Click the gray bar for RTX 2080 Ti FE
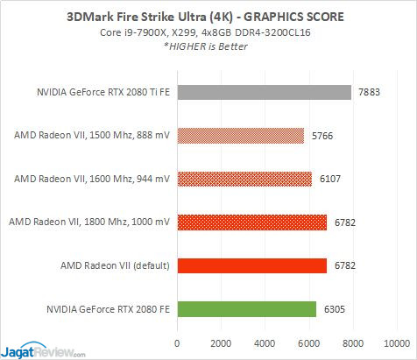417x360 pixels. [264, 92]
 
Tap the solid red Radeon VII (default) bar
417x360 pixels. [251, 265]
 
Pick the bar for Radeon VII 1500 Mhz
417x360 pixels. [240, 136]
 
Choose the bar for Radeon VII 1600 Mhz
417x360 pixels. [244, 179]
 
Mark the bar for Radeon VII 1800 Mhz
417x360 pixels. [251, 222]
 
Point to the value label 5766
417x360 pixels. [323, 136]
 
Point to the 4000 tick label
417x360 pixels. [265, 342]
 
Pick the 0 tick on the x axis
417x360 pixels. [178, 342]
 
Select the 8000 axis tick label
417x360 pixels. [353, 342]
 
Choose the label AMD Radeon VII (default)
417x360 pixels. [110, 265]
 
